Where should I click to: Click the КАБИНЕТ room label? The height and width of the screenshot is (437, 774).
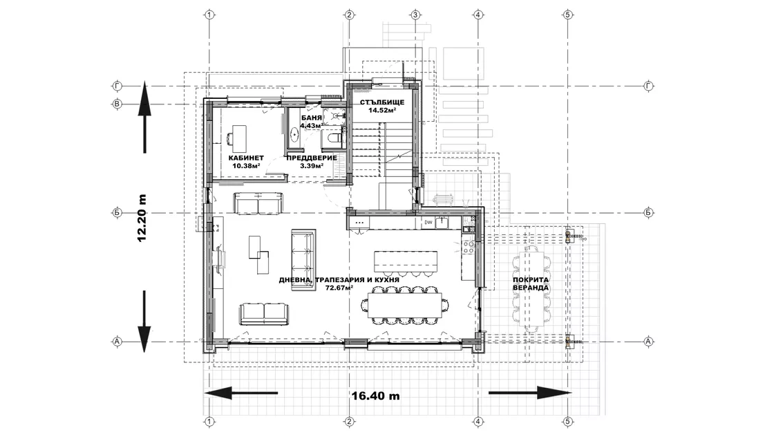246,158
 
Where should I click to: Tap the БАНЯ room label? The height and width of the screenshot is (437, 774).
312,118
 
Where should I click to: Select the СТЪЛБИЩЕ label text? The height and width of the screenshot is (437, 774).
382,102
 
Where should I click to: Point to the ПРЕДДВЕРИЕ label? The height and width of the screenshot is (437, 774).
312,158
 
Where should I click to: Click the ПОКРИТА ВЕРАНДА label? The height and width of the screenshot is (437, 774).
531,284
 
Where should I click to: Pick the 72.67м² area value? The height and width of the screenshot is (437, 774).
339,288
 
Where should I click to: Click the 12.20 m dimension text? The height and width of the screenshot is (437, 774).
142,218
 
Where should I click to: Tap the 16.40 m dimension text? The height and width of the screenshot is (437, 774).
376,396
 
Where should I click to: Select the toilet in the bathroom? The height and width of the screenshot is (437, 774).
334,138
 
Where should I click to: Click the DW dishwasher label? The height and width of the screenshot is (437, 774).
428,223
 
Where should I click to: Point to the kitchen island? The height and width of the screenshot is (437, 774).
406,261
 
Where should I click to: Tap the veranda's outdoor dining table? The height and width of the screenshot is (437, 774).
531,288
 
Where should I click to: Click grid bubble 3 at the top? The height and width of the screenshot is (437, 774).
415,15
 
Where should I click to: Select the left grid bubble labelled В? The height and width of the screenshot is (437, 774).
117,104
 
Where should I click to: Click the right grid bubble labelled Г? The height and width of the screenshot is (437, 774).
649,86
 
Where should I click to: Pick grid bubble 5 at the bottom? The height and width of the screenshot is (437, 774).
567,422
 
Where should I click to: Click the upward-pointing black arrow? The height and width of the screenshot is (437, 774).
144,118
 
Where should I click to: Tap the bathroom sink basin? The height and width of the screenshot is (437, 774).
294,135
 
